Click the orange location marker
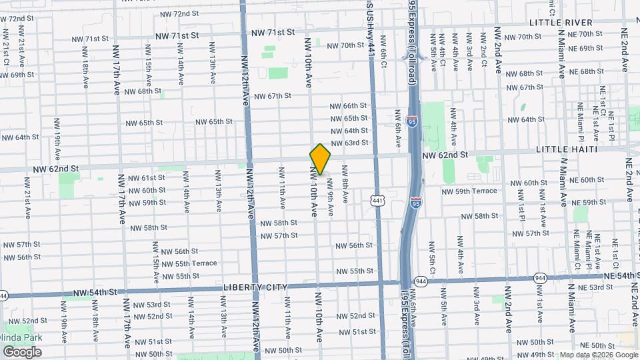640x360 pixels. click(x=320, y=159)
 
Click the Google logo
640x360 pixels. click(x=22, y=351)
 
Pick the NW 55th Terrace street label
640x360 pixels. click(x=189, y=263)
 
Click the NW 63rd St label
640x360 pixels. click(x=349, y=143)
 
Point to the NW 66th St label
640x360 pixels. click(x=349, y=106)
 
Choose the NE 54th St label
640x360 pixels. click(x=619, y=275)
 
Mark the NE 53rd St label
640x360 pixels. click(x=593, y=287)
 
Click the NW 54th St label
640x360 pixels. click(x=95, y=292)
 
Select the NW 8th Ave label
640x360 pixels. click(x=345, y=184)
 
